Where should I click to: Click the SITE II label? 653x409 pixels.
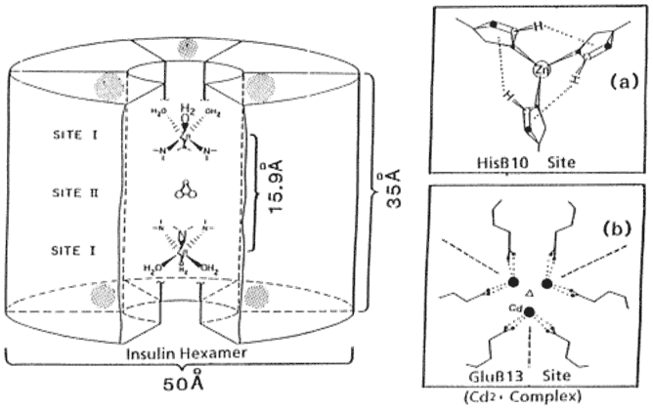pos(79,194)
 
